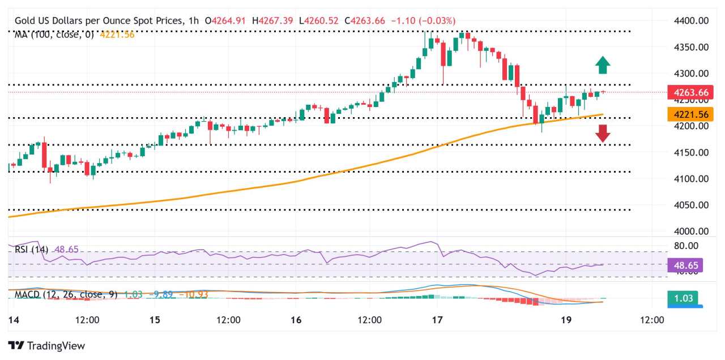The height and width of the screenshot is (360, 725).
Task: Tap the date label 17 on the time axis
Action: click(x=436, y=320)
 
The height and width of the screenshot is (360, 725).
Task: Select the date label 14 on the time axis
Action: click(x=13, y=320)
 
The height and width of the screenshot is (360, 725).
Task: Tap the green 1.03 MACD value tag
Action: click(x=682, y=298)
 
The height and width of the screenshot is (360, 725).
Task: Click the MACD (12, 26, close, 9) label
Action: click(x=63, y=294)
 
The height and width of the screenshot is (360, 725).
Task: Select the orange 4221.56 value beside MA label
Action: click(x=117, y=35)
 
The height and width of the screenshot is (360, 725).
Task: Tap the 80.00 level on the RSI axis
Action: click(x=685, y=246)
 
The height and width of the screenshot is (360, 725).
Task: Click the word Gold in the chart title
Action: click(x=25, y=21)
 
